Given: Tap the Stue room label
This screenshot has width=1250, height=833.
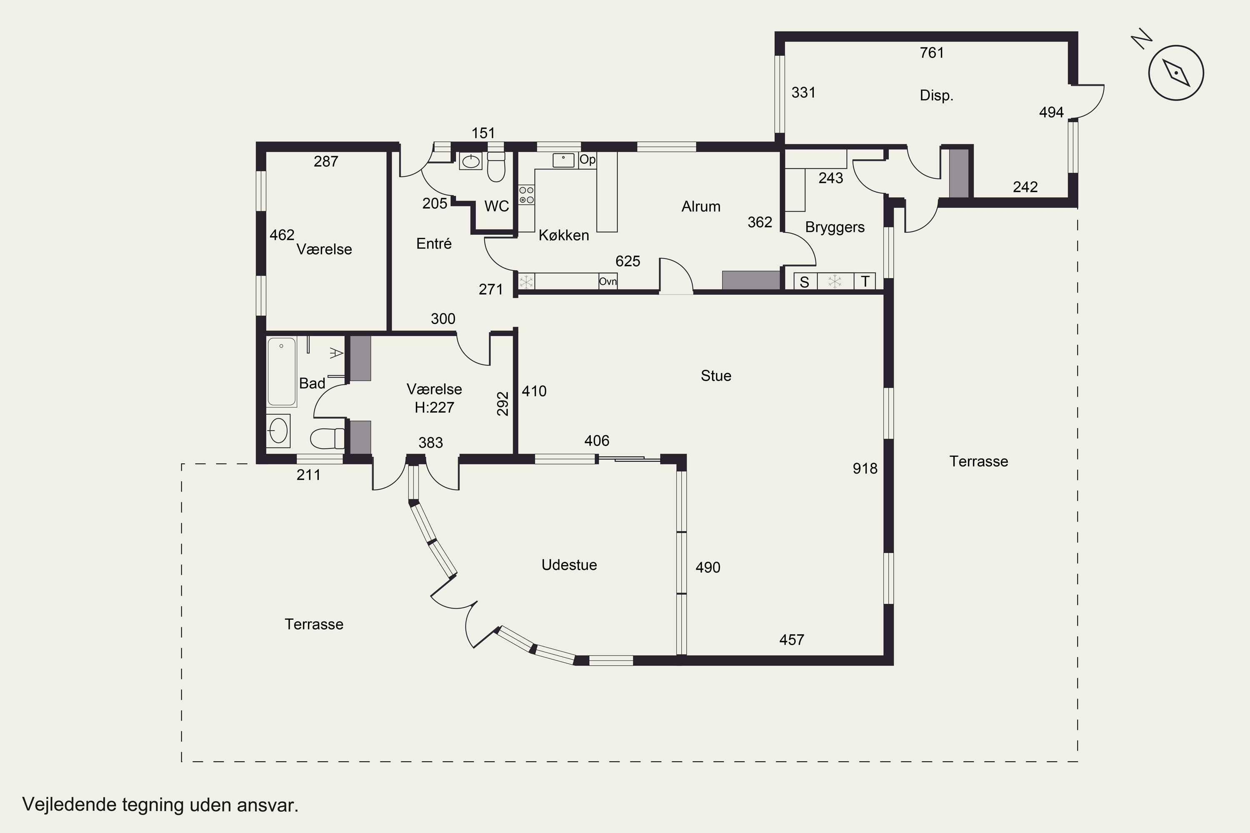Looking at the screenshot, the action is (x=716, y=376).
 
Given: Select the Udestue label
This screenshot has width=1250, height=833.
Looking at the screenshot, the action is (x=569, y=565).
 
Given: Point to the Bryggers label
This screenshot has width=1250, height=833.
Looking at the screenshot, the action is (x=835, y=227).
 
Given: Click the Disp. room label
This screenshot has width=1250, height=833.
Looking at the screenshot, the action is (x=936, y=96).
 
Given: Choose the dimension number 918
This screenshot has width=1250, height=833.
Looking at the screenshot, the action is (x=865, y=468).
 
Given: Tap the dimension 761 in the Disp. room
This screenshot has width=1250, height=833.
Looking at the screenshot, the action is (x=932, y=52).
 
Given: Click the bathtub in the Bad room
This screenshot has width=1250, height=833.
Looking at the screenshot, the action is (x=281, y=372).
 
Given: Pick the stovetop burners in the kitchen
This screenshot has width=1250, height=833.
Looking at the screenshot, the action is (x=527, y=195).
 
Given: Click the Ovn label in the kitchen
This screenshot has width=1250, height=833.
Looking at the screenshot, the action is (x=608, y=281).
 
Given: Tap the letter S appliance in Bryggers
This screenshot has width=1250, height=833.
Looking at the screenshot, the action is (x=805, y=282).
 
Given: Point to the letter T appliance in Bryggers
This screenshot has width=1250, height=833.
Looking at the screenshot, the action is (x=865, y=282).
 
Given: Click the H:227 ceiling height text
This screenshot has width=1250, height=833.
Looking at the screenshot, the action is (x=434, y=407).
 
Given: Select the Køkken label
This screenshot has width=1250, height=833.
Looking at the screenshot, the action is (x=564, y=235).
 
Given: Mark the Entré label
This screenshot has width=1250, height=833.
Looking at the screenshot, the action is (x=434, y=243).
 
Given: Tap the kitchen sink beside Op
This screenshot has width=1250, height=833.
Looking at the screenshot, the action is (x=563, y=160).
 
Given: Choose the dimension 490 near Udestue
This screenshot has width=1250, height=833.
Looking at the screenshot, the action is (x=708, y=567).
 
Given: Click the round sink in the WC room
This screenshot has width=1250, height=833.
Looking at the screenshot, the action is (x=470, y=161).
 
